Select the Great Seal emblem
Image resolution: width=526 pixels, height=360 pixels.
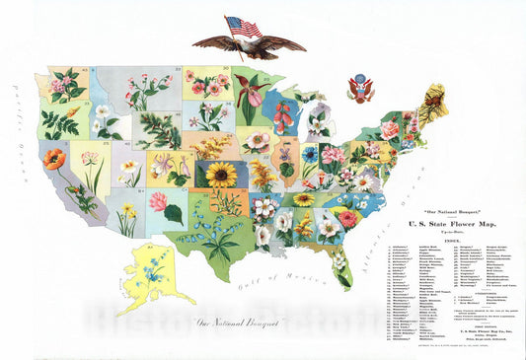pos(360,90)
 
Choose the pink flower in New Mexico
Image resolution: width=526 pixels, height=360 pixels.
pos(158,201)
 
